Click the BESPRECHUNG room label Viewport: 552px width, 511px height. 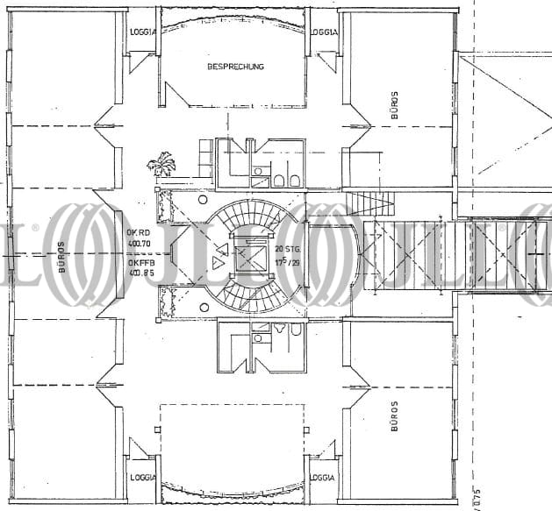point(235,67)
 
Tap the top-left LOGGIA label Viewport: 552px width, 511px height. point(143,31)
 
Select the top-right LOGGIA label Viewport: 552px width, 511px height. point(324,31)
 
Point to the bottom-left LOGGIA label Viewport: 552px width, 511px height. point(143,478)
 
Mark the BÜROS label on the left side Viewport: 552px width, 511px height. point(61,257)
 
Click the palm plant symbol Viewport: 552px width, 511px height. point(161,164)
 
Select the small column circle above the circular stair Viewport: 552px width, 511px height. point(203,201)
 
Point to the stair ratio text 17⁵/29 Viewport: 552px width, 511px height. point(288,261)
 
